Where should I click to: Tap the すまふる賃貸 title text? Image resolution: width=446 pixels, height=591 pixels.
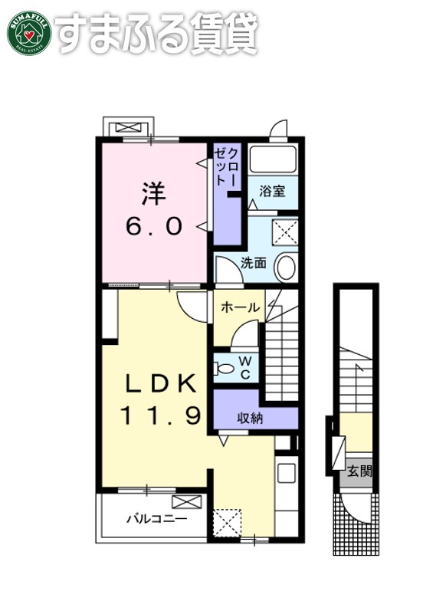pyautogui.click(x=156, y=32)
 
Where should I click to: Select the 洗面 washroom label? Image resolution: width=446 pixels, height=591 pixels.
pyautogui.click(x=254, y=262)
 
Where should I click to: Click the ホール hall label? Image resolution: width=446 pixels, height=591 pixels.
pyautogui.click(x=239, y=307)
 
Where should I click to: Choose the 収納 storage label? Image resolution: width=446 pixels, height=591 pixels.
pyautogui.click(x=248, y=418)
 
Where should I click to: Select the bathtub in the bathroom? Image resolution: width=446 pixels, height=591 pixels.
pyautogui.click(x=273, y=160)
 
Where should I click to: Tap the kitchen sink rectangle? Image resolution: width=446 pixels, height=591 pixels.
pyautogui.click(x=286, y=472)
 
